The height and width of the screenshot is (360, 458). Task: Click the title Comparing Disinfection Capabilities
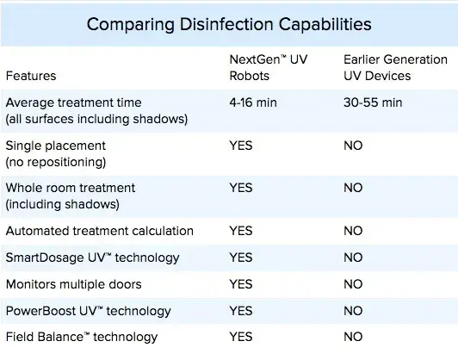229,24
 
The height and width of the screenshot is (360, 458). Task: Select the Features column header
31,76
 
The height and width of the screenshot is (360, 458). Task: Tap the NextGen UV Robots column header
269,67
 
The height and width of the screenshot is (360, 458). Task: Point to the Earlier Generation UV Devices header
395,67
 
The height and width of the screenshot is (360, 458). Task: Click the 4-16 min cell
253,102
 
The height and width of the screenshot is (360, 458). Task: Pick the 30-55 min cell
373,102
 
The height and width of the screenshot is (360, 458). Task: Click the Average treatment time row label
96,111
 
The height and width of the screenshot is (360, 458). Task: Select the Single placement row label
56,153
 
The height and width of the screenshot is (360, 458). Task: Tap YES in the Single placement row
241,146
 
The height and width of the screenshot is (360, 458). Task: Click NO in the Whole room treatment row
353,188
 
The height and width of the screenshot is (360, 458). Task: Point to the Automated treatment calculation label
100,231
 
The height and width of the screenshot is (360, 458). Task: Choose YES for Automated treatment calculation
241,231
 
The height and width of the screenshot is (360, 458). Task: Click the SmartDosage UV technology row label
92,258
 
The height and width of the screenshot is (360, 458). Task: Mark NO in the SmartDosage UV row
353,258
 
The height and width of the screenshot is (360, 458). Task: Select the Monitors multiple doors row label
74,284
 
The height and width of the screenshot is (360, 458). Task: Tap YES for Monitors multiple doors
241,284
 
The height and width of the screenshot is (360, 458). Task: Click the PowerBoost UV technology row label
88,311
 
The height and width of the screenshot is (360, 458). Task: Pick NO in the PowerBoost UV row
353,311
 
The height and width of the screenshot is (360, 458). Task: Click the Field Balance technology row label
82,337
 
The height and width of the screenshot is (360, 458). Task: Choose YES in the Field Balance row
241,337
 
